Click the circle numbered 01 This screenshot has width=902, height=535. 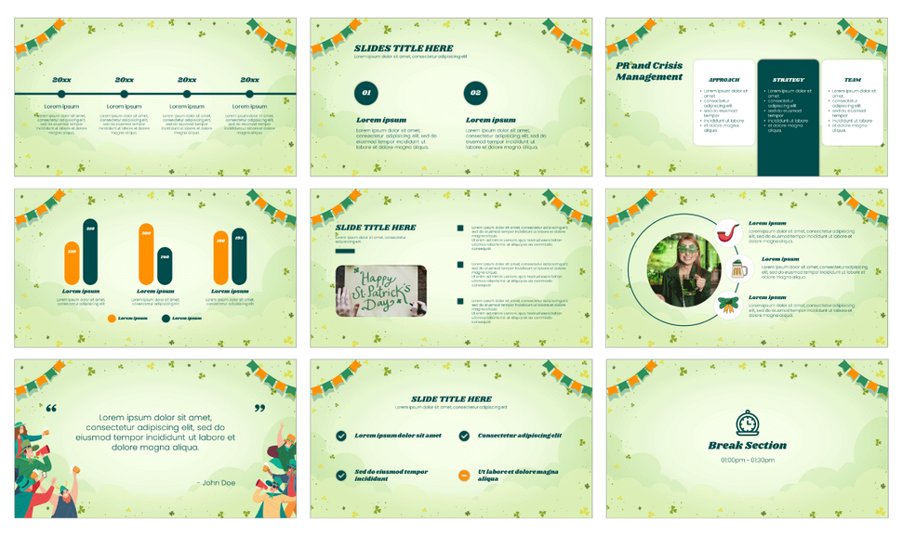[366, 93]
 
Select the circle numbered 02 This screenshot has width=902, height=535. [475, 93]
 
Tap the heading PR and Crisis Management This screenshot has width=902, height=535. [649, 72]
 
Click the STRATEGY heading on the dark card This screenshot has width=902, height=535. [788, 80]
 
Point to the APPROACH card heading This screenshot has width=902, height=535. [723, 80]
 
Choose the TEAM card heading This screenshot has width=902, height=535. [852, 80]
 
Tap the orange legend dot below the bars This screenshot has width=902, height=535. [112, 319]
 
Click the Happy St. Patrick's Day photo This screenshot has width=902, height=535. [380, 291]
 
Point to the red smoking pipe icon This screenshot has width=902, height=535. [729, 232]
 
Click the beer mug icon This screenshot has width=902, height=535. [738, 270]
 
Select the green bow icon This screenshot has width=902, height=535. [729, 306]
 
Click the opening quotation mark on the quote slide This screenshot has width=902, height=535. [51, 409]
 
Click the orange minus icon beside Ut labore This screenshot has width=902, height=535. [464, 475]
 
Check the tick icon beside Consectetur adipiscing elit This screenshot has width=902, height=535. [464, 436]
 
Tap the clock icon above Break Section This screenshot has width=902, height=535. [747, 423]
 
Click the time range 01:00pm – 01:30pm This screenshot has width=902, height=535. [747, 460]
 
